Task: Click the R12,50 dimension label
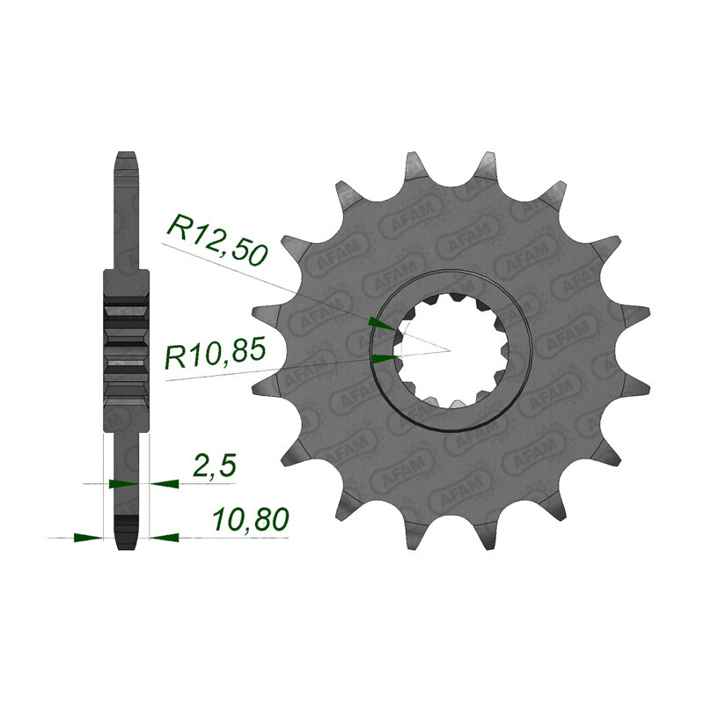(217, 240)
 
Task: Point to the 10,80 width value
(251, 520)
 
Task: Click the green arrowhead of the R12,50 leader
(382, 323)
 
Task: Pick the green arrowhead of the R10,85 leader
(385, 358)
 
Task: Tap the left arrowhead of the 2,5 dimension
(123, 483)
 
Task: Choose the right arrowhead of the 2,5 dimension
(165, 483)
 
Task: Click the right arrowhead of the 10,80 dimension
(165, 537)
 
